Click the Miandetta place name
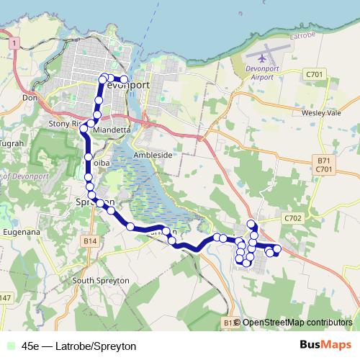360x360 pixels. point(111,130)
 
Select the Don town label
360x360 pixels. point(30,97)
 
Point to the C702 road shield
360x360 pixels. point(292,217)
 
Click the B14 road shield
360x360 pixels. point(89,240)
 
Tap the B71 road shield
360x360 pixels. point(323,160)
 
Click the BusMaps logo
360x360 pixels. point(325,345)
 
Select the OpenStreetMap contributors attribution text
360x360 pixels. point(297,323)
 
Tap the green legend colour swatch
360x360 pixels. point(9,346)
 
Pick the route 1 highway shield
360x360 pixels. point(13,44)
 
